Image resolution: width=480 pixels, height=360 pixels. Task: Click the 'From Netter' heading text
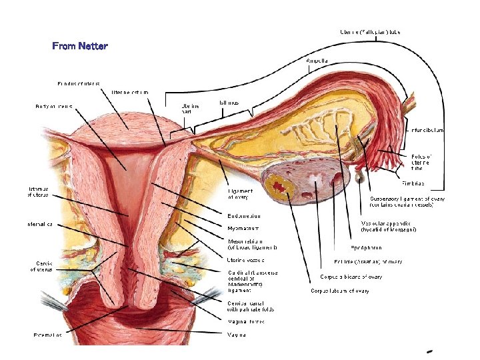80,46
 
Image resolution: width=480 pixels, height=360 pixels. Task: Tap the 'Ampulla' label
317,61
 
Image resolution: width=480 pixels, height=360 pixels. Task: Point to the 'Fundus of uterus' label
79,83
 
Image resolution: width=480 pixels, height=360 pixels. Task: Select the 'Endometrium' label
244,216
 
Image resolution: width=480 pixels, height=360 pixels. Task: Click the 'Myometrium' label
243,228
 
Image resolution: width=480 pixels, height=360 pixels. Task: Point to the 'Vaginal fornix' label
246,321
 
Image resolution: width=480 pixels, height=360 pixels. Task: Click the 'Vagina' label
236,334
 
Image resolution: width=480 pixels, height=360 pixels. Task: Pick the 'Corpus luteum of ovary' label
340,291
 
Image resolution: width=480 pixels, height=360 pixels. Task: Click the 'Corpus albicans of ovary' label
351,277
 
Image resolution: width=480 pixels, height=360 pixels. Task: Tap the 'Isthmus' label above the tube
229,103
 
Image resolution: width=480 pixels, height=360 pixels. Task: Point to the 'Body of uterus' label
54,106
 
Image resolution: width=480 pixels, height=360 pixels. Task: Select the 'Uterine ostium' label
130,91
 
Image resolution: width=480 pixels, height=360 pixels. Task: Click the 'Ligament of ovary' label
241,193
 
